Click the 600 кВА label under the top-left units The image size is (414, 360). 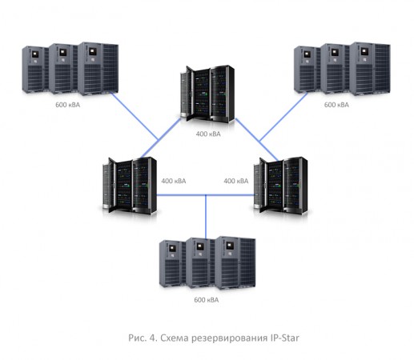[x=68, y=105]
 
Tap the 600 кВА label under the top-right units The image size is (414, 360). [x=337, y=105]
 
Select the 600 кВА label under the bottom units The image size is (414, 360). [x=206, y=301]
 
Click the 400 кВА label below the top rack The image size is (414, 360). [x=208, y=134]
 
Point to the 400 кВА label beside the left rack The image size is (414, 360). [x=174, y=181]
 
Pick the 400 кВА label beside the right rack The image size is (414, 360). [x=236, y=181]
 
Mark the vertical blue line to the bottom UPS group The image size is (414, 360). [x=207, y=214]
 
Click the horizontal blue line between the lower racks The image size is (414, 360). [x=206, y=193]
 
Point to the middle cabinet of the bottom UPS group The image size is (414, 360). [x=200, y=264]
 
